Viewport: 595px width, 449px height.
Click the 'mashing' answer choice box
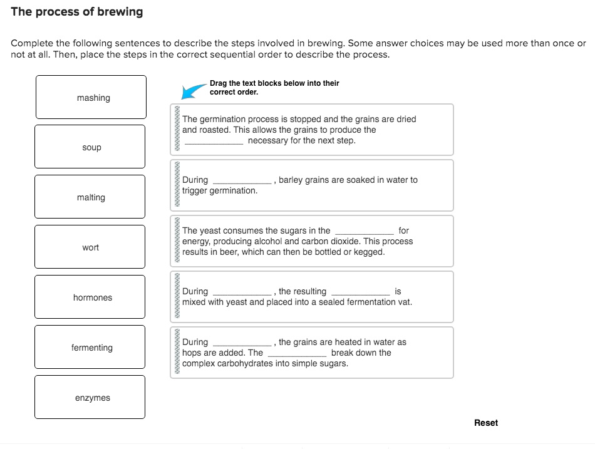[91, 97]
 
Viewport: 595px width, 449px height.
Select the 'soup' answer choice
[90, 147]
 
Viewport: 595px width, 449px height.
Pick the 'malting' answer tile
[90, 197]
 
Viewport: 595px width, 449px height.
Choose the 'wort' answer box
[90, 247]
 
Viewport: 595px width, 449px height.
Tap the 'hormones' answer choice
[90, 297]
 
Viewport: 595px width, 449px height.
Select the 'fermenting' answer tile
[90, 348]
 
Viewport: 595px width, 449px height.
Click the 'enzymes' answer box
[90, 398]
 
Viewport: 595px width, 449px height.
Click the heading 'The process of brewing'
[76, 12]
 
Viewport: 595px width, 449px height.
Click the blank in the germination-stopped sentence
[214, 142]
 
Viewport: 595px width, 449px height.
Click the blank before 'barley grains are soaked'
[242, 181]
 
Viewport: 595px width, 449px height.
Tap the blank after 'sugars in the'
[364, 232]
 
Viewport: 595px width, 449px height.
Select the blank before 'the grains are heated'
[242, 343]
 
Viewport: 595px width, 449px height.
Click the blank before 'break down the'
[296, 354]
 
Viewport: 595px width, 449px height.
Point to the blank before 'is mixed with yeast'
[360, 292]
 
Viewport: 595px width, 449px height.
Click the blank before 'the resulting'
[242, 292]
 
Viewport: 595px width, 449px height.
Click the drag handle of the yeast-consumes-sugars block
[177, 241]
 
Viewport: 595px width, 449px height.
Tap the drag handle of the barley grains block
[177, 185]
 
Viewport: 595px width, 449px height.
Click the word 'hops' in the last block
[192, 353]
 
